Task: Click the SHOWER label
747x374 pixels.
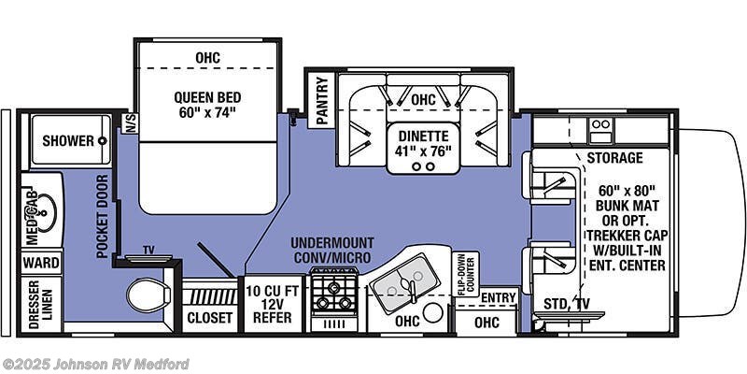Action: click(68, 141)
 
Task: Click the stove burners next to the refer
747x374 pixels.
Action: click(333, 291)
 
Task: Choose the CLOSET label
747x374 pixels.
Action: click(209, 318)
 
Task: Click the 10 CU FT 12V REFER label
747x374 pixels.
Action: click(272, 304)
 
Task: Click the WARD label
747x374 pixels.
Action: click(41, 263)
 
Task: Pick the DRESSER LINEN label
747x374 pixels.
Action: click(41, 305)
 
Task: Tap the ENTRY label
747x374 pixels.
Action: click(499, 297)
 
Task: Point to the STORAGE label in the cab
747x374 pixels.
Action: click(614, 158)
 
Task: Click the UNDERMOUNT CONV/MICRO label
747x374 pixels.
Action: click(331, 250)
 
